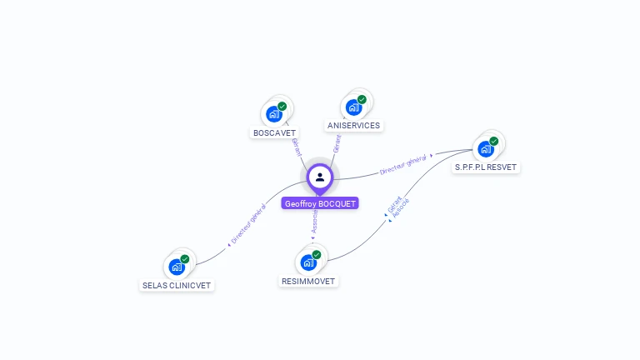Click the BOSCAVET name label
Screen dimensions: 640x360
click(274, 132)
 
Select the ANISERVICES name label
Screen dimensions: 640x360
click(353, 126)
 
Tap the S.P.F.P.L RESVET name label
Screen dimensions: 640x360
click(486, 167)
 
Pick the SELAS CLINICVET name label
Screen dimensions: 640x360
click(177, 285)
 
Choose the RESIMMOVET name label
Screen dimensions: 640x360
click(308, 281)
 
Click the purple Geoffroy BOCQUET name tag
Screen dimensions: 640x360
click(320, 203)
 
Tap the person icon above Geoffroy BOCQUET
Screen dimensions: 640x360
click(320, 177)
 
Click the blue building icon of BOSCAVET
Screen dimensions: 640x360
click(272, 114)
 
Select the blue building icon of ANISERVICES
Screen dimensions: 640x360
click(353, 107)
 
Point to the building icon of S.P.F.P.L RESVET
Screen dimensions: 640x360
click(484, 149)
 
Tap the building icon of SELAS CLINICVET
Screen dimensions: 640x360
click(176, 267)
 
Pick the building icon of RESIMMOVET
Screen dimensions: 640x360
click(307, 262)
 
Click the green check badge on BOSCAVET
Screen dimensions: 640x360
click(282, 107)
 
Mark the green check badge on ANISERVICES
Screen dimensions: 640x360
click(362, 100)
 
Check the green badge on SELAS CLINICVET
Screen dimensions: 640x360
click(184, 259)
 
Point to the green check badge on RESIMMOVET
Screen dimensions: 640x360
click(316, 255)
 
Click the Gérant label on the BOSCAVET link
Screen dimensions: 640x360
click(296, 147)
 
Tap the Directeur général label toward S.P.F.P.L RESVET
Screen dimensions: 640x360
click(403, 164)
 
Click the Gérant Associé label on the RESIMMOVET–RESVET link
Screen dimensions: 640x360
click(398, 207)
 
